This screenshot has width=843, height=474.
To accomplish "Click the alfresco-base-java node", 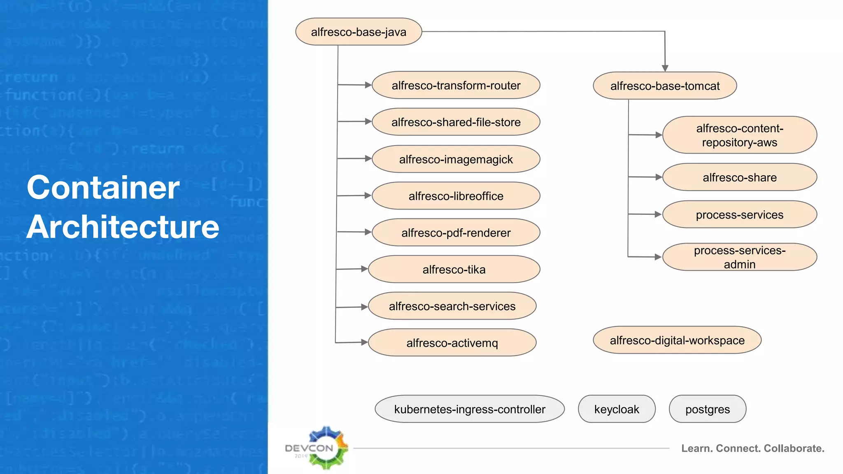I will pos(359,32).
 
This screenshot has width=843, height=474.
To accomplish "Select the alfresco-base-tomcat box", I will pos(665,86).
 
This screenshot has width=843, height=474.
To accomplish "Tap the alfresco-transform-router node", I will pos(456,85).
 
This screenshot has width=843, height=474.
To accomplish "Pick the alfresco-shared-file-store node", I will pos(456,122).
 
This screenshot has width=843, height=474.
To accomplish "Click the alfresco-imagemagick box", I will pos(456,159).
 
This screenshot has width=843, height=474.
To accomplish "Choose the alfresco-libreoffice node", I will pos(456,196).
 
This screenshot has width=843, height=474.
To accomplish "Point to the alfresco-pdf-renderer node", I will pos(456,233).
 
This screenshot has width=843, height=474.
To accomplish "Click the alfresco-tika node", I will pos(454,270).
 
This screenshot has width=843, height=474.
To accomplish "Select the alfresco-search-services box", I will pos(452,306).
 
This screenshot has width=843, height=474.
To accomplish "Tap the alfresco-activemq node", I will pos(452,343).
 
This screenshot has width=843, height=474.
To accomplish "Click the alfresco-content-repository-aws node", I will pos(739,135).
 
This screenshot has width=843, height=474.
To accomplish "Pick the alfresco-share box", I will pos(739,177).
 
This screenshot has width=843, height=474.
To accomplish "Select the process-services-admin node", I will pos(739,257).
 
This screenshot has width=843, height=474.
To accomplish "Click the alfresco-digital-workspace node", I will pos(677,340).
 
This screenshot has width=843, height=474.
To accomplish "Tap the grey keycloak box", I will pos(616,409).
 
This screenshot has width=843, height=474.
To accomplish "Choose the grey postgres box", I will pos(707,409).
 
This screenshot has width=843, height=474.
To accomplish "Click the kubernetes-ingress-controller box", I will pos(469,409).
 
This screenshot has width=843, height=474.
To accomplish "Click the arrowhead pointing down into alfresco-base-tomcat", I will pos(665,68).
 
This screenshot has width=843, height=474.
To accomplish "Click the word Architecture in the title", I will pos(123,227).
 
